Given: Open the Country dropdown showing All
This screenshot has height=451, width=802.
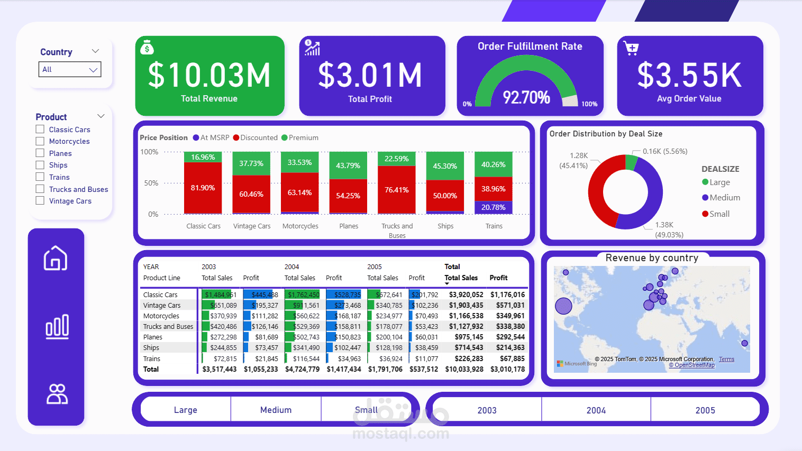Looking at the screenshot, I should pyautogui.click(x=69, y=69).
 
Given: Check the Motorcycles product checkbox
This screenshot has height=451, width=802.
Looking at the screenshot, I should pyautogui.click(x=40, y=141).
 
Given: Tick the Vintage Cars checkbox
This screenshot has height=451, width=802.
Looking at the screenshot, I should pyautogui.click(x=40, y=201).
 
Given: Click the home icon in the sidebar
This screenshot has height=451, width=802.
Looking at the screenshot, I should pyautogui.click(x=56, y=258).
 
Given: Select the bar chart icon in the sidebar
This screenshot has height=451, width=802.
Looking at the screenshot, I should pyautogui.click(x=57, y=326).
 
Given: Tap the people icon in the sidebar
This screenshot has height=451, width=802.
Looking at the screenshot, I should pyautogui.click(x=57, y=394).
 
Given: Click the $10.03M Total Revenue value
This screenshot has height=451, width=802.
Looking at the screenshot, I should pyautogui.click(x=209, y=75).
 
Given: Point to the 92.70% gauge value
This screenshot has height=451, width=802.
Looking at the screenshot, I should pyautogui.click(x=526, y=97).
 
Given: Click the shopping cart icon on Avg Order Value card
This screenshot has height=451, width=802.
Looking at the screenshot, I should pyautogui.click(x=631, y=49).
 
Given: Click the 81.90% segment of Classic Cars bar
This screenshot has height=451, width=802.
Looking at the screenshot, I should pyautogui.click(x=203, y=188).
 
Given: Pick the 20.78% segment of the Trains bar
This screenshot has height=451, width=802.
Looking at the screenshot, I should pyautogui.click(x=493, y=207).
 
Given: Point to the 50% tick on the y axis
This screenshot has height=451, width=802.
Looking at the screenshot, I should pyautogui.click(x=151, y=183).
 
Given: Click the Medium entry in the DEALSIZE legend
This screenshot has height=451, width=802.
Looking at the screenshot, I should pyautogui.click(x=724, y=198).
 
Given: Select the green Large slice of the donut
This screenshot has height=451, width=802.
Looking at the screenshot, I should pyautogui.click(x=631, y=162).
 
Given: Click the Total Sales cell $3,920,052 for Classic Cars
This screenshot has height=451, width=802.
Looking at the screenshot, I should pyautogui.click(x=466, y=294).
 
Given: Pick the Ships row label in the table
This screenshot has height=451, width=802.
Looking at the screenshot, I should pyautogui.click(x=151, y=347).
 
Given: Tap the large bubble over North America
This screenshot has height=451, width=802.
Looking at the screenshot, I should pyautogui.click(x=563, y=306).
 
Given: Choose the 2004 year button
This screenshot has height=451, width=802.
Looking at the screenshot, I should pyautogui.click(x=596, y=410).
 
